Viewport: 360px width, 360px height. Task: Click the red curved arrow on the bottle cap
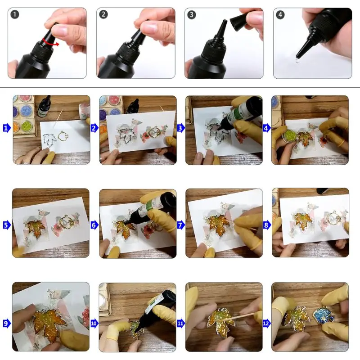tap(51, 42)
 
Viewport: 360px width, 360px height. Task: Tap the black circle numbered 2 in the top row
tap(103, 14)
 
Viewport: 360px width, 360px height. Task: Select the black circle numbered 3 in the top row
tap(192, 15)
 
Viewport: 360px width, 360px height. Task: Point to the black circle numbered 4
tap(280, 15)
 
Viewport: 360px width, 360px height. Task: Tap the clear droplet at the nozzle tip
tap(297, 61)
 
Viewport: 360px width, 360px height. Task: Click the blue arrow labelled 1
tap(7, 128)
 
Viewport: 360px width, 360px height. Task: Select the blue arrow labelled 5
tap(7, 225)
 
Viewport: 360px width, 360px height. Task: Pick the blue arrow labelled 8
tap(266, 225)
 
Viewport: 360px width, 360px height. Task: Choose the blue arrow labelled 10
tap(94, 323)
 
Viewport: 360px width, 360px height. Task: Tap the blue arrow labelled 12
tap(266, 323)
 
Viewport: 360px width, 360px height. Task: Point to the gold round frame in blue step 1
tap(63, 136)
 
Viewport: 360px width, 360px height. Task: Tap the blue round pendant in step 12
tap(324, 317)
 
